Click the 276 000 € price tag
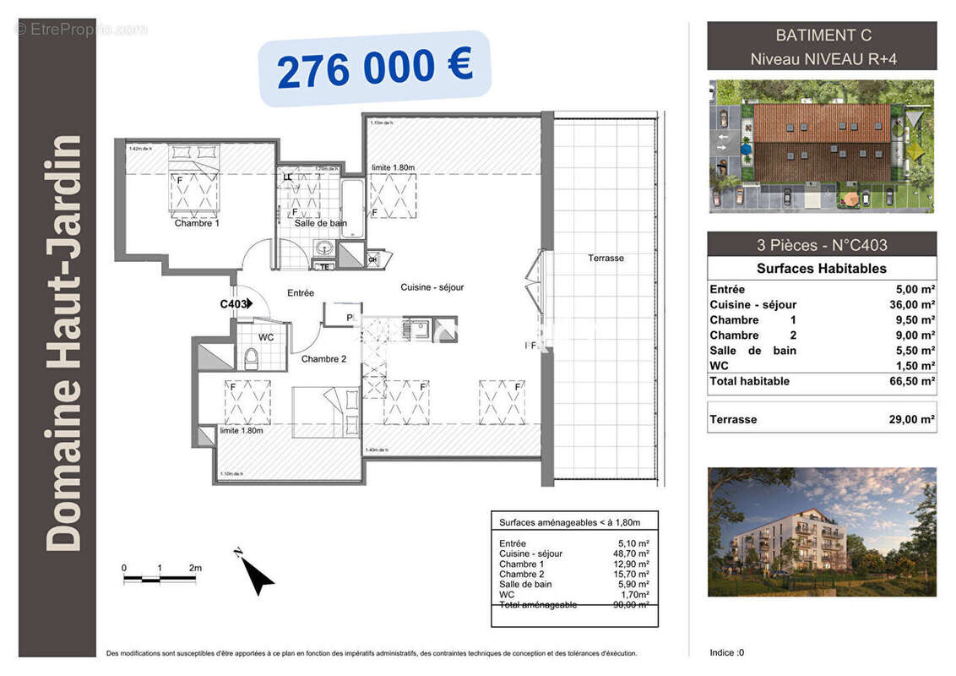374,68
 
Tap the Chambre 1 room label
197,224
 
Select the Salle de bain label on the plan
320,223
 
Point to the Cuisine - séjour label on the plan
432,287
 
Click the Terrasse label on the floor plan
606,258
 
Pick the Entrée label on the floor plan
300,293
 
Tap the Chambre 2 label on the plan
323,359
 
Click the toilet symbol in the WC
250,360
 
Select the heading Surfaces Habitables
821,269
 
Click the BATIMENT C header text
823,35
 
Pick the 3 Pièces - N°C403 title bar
821,245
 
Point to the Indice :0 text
727,652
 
